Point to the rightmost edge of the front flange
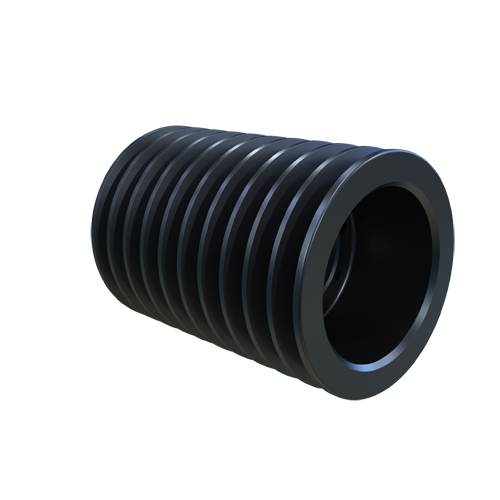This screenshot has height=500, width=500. click(452, 250)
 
